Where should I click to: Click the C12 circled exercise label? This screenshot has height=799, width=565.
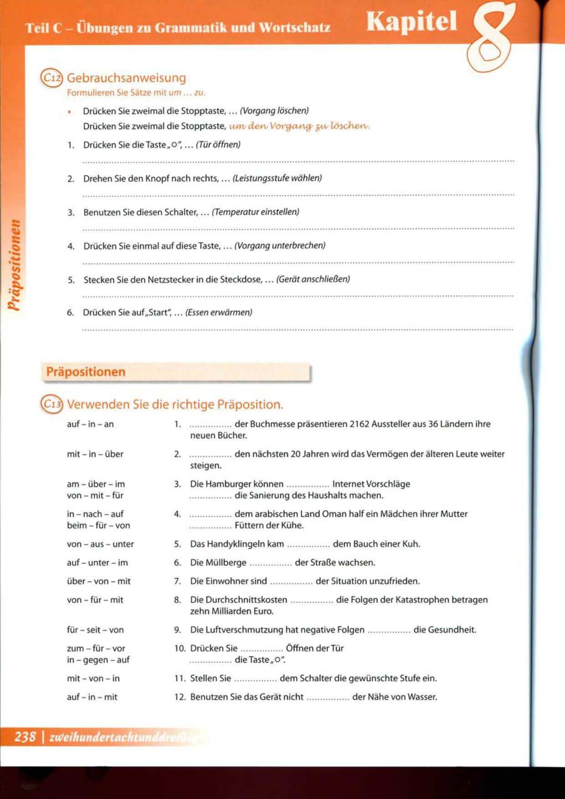(x=51, y=78)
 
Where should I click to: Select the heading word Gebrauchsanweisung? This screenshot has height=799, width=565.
(x=126, y=78)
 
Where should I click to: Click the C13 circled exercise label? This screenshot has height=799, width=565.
(x=51, y=404)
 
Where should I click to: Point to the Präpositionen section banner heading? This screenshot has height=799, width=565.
(x=86, y=372)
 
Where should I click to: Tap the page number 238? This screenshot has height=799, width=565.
(x=25, y=737)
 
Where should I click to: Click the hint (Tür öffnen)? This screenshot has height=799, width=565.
(x=218, y=145)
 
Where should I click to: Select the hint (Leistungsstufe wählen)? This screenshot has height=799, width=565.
(x=277, y=178)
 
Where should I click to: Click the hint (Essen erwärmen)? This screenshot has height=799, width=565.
(x=218, y=312)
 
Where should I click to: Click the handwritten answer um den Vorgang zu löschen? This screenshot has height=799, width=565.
(x=299, y=126)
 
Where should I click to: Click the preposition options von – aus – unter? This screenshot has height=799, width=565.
(x=100, y=544)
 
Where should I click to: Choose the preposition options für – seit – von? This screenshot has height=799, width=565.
(x=95, y=630)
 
